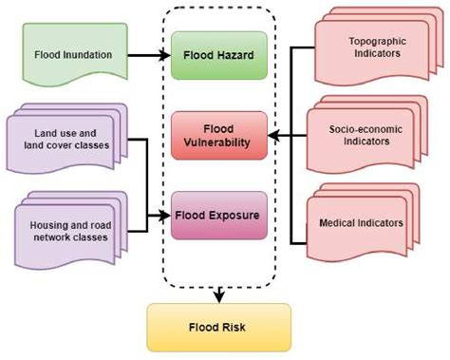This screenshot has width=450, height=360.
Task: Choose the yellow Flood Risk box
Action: pyautogui.click(x=217, y=327)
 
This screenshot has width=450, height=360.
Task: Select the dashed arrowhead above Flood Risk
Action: pyautogui.click(x=218, y=295)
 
